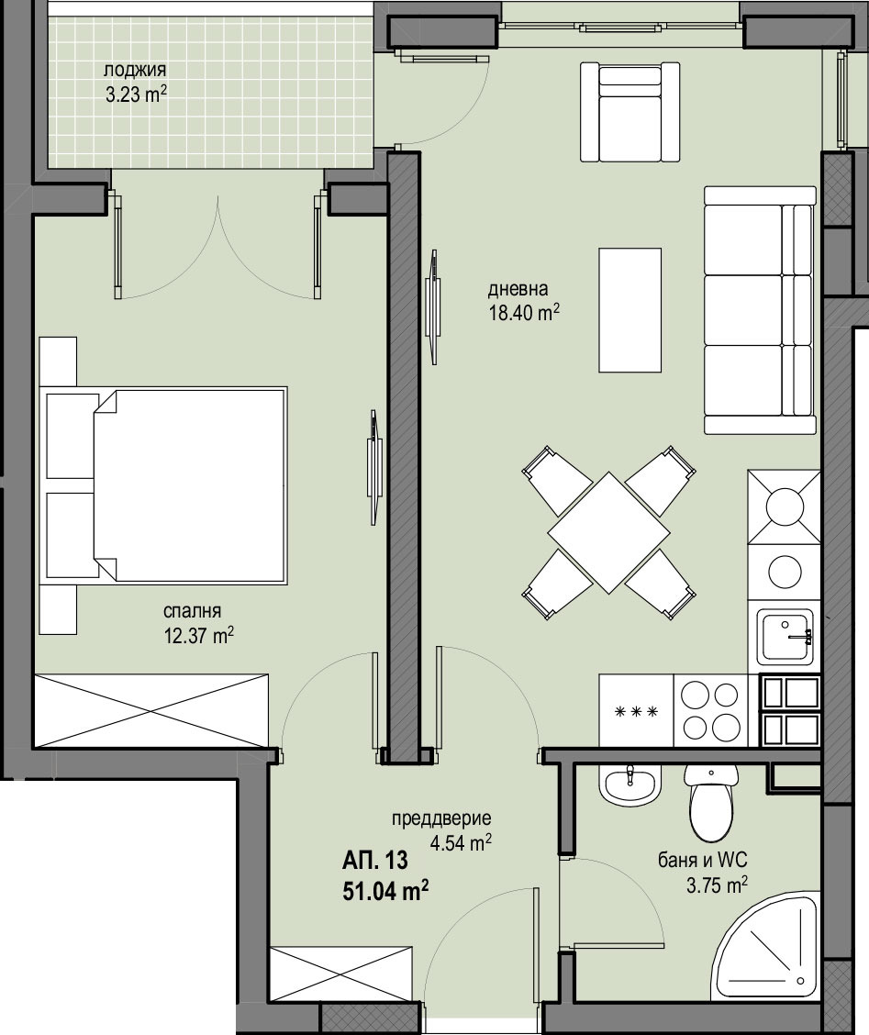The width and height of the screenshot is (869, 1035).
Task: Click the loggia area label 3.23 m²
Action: (136, 95)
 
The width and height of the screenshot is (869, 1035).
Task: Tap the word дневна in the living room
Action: (518, 289)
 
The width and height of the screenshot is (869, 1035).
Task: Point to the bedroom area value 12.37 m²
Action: (199, 636)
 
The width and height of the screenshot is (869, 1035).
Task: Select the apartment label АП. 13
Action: (375, 861)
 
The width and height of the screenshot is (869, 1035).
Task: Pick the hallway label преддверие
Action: (441, 819)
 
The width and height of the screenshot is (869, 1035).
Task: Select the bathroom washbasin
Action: (631, 785)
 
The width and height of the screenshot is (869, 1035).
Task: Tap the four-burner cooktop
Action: (710, 710)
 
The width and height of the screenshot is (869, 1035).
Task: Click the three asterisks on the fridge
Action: (637, 712)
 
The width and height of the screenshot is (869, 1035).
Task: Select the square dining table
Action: (607, 533)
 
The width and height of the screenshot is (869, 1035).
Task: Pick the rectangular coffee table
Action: (630, 310)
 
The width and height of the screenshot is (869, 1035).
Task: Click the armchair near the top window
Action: (630, 112)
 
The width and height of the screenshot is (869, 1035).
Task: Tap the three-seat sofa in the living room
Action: (760, 309)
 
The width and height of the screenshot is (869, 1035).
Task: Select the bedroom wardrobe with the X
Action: (152, 710)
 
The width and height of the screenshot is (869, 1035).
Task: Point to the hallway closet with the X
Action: (341, 977)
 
